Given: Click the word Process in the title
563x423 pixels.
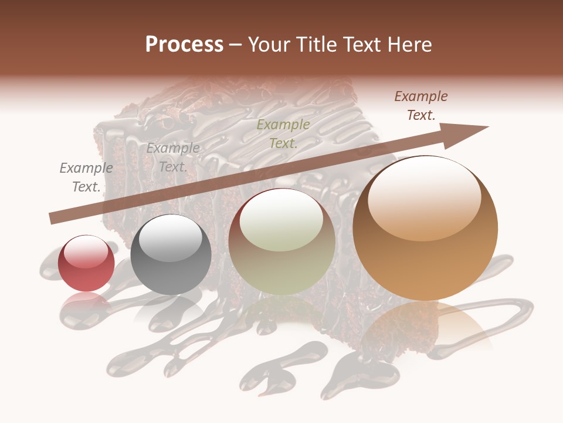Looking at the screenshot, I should point(184,45).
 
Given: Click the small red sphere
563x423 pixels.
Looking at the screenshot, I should point(86,263).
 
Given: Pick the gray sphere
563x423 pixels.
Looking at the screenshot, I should point(171,254).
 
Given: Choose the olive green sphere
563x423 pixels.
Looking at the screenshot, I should point(281,241).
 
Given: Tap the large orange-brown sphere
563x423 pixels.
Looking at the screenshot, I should point(425,229).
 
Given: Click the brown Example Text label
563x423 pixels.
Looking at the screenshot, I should point(421,106).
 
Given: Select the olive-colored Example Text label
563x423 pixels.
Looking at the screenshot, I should point(283,133).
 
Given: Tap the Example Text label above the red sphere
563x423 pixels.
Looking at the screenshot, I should point(86,177).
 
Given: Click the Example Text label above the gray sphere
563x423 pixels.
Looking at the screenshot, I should point(173,157).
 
